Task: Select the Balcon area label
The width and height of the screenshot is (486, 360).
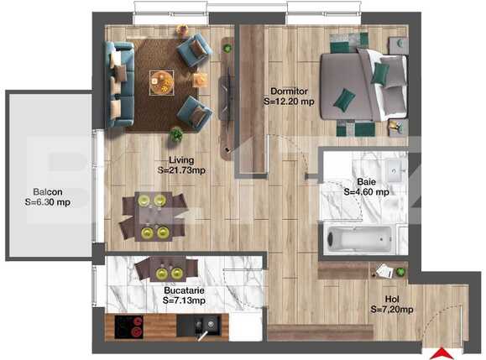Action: [x=46, y=196]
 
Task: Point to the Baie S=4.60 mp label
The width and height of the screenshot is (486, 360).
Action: [x=366, y=186]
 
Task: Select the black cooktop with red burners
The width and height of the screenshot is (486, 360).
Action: [x=127, y=328]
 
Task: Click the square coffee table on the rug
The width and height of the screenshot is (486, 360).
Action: [x=161, y=81]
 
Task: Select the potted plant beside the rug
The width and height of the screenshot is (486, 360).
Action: [x=176, y=133]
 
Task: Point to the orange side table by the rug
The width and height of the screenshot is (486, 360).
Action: [x=201, y=80]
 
